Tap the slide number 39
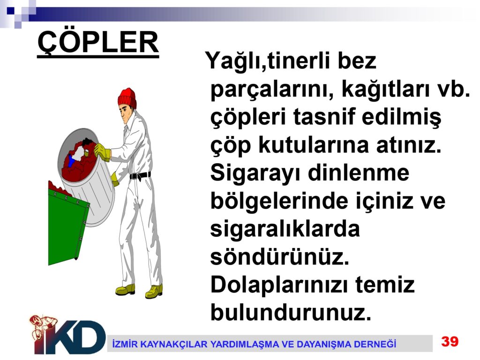click(x=450, y=341)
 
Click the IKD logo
click(x=67, y=335)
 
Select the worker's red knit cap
click(x=127, y=98)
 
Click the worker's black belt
click(x=140, y=176)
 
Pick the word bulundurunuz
click(x=291, y=312)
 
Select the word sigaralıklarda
click(x=285, y=230)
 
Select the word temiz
click(x=385, y=285)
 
